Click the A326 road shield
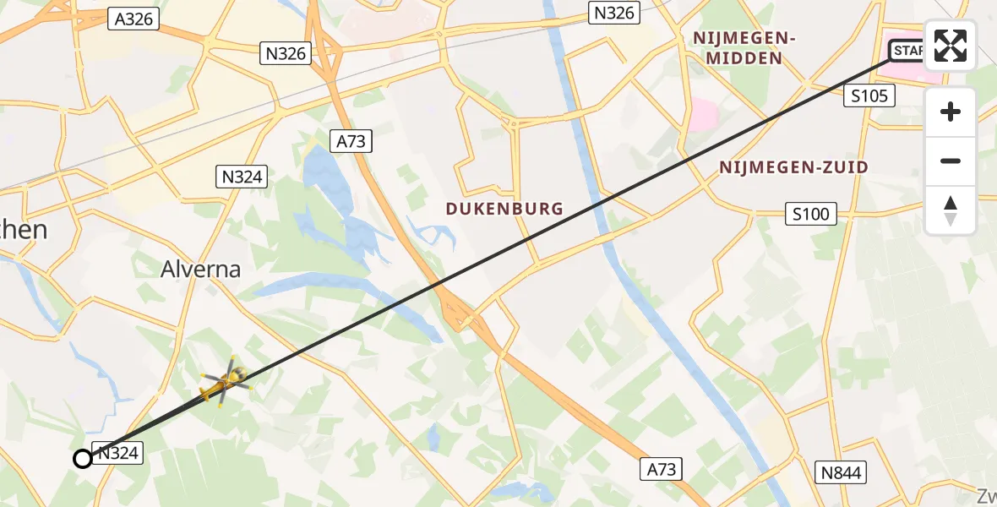coord(134,19)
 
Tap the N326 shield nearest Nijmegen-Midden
coord(614,13)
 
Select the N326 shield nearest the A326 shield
coord(286,53)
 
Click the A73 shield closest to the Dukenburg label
coord(351,141)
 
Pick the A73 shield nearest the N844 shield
coord(662,469)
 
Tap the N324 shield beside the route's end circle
coord(117,454)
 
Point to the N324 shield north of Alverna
coord(243,177)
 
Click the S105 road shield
coord(869,96)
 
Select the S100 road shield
coord(811,214)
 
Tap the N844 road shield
coord(841,472)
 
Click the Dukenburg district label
coord(505,209)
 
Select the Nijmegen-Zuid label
coord(793,167)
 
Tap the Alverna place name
coord(201,270)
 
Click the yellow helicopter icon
coord(225,383)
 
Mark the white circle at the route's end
coord(83,459)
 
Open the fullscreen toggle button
coord(951,46)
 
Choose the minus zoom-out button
coord(951,161)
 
